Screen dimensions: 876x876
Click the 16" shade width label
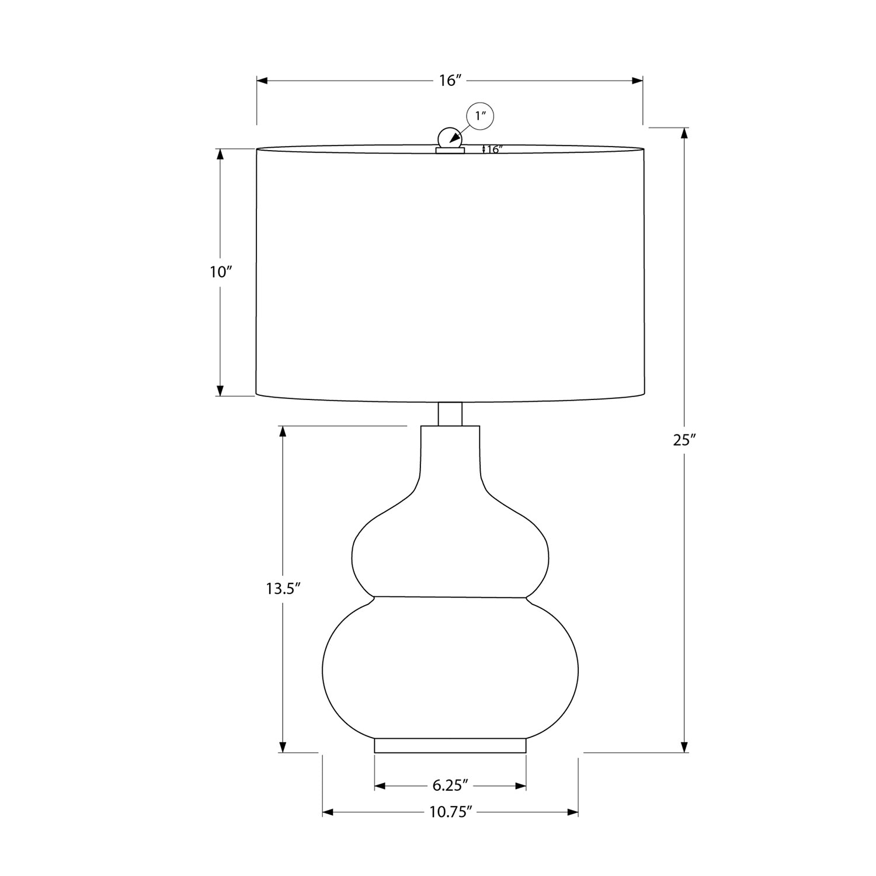click(450, 81)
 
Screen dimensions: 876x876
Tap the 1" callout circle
click(480, 116)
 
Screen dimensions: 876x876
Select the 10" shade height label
click(221, 272)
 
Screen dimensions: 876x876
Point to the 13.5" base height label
click(283, 589)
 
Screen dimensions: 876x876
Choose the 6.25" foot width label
click(451, 786)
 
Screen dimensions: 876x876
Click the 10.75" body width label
click(451, 812)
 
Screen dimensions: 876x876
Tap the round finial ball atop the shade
click(449, 138)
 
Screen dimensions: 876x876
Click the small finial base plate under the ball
click(450, 150)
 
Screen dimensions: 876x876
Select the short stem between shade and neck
click(450, 413)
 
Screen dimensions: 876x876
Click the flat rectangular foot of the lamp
click(450, 746)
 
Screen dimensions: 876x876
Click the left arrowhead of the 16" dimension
click(262, 81)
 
